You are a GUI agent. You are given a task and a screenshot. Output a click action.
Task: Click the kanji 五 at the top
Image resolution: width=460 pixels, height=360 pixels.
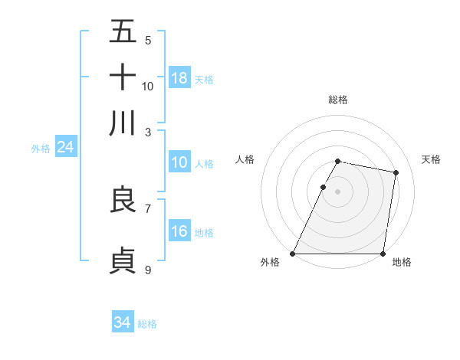click(x=123, y=32)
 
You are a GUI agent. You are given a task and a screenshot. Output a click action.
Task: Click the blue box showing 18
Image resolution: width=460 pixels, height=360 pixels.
click(x=179, y=78)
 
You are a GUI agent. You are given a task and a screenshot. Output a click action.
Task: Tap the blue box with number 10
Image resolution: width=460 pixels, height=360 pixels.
click(x=179, y=162)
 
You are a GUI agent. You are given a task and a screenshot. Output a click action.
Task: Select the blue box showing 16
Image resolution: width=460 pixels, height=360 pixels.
click(x=179, y=231)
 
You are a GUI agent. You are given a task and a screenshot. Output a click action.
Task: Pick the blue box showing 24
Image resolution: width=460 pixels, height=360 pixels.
click(x=66, y=147)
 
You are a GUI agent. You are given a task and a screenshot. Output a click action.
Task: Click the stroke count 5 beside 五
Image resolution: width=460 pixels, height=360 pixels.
click(x=148, y=40)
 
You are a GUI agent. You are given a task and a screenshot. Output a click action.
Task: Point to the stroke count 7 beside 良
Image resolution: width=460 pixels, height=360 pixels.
click(x=148, y=208)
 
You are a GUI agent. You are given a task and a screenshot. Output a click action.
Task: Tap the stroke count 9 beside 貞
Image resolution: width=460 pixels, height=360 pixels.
click(x=148, y=269)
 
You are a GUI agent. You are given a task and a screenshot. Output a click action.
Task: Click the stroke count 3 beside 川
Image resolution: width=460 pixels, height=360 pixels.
click(x=148, y=131)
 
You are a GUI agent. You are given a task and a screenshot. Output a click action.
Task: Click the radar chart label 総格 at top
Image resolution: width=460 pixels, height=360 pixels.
click(x=338, y=100)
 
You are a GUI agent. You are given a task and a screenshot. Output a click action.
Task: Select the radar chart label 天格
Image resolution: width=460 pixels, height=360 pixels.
click(x=431, y=159)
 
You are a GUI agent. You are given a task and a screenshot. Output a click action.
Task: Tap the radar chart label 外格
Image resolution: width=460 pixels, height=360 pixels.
click(x=270, y=263)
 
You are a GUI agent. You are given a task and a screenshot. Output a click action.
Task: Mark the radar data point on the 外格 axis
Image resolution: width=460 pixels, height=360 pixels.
click(x=293, y=254)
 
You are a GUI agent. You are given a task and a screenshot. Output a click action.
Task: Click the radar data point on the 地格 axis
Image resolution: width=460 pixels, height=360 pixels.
click(x=383, y=254)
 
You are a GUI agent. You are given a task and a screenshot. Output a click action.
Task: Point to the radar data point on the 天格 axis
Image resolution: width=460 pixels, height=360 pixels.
click(x=396, y=173)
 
